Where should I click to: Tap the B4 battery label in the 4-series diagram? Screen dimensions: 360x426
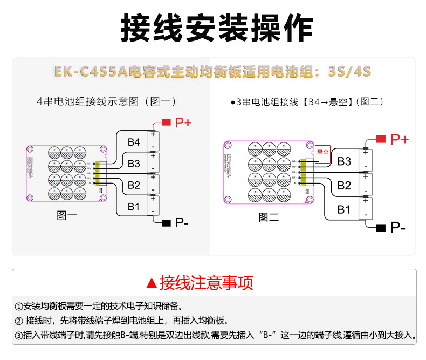134,142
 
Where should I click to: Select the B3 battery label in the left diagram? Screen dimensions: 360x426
134,164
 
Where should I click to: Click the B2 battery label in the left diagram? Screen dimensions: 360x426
134,186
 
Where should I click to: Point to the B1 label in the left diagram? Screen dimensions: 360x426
134,207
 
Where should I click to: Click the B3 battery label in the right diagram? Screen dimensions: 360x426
344,161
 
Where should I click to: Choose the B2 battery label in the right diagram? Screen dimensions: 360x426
344,186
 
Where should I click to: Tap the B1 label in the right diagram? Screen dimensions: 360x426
344,209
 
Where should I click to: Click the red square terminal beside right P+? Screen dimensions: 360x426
381,139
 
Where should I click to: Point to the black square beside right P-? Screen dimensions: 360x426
381,228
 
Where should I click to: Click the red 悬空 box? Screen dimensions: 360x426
323,152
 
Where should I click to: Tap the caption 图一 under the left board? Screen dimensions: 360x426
67,215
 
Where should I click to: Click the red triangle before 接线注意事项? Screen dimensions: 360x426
152,283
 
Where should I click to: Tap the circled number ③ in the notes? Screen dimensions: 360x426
19,335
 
